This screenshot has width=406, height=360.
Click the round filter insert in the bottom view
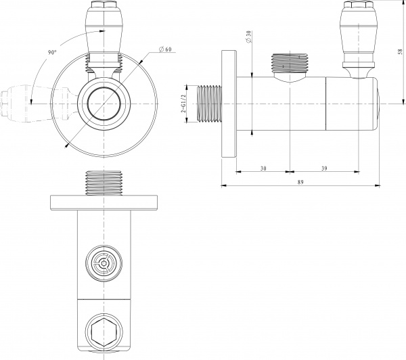[104, 262]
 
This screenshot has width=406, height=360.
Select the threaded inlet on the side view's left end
[210, 102]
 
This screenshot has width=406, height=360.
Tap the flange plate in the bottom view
[104, 202]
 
